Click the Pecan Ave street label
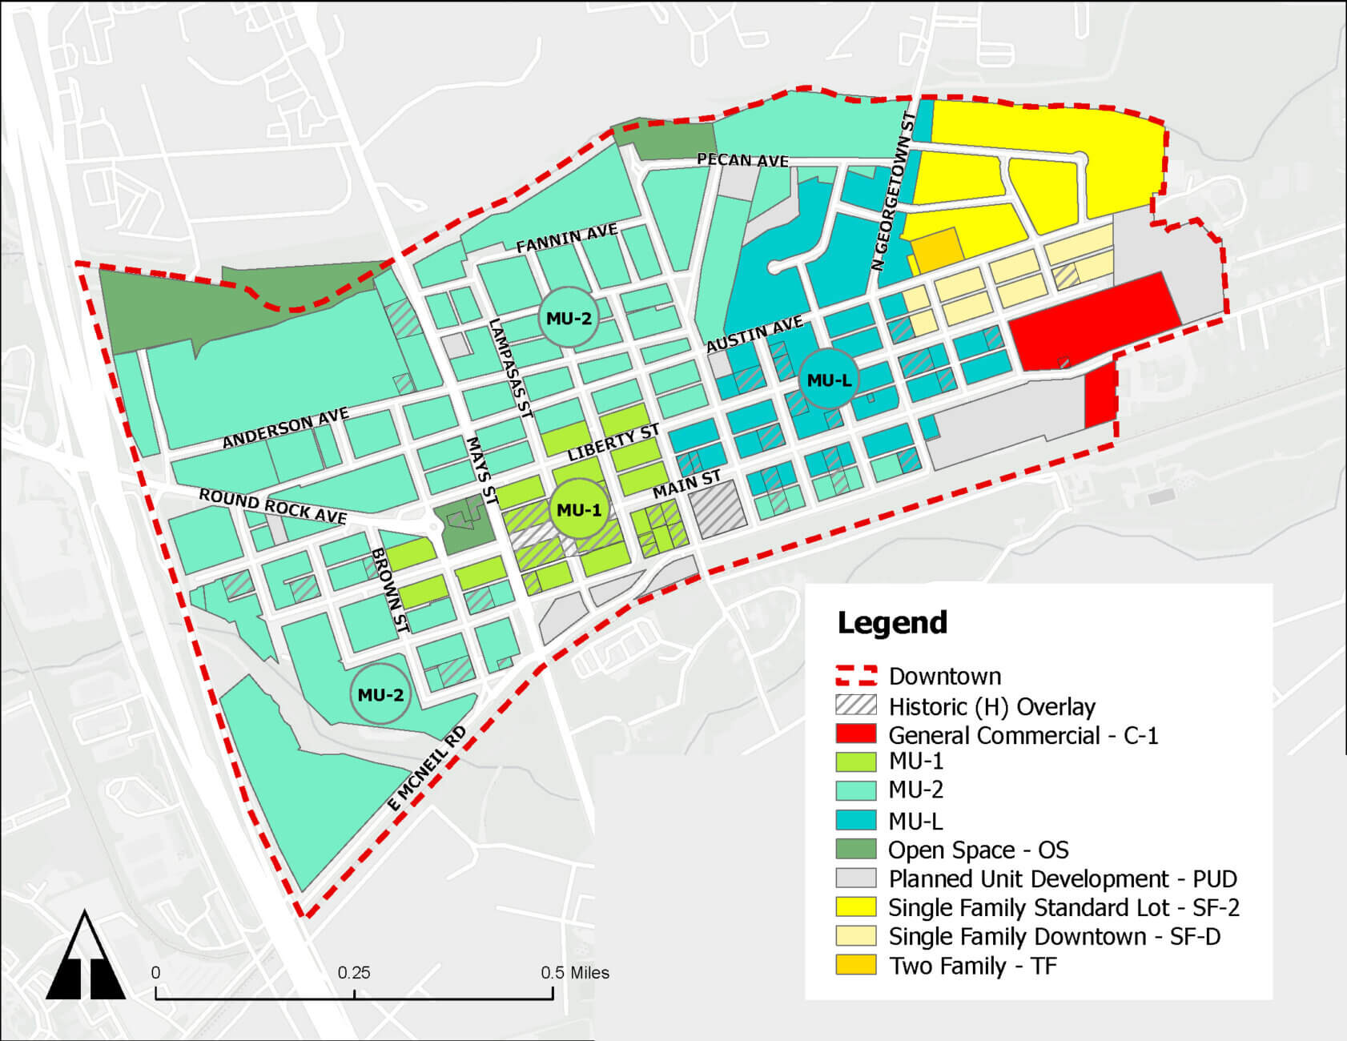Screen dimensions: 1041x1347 pyautogui.click(x=742, y=160)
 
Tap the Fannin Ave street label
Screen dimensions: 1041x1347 pyautogui.click(x=566, y=238)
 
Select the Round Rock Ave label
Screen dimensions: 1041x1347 pyautogui.click(x=272, y=506)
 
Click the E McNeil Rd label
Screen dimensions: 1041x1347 pyautogui.click(x=427, y=770)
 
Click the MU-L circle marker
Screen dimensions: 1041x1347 pyautogui.click(x=829, y=380)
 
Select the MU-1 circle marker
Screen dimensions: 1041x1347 pyautogui.click(x=578, y=510)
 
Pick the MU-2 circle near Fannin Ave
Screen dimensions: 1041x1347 pyautogui.click(x=569, y=318)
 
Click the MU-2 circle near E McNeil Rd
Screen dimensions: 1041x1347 pyautogui.click(x=380, y=694)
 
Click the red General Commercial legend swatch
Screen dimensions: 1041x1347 pyautogui.click(x=856, y=734)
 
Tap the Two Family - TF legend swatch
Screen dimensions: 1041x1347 pyautogui.click(x=856, y=965)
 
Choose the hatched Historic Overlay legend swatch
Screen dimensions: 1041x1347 pyautogui.click(x=856, y=705)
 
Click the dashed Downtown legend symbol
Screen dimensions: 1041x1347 pyautogui.click(x=856, y=676)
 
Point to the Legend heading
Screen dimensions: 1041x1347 pyautogui.click(x=892, y=623)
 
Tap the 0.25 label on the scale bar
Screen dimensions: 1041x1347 pyautogui.click(x=353, y=972)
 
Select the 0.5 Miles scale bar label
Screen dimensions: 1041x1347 pyautogui.click(x=574, y=972)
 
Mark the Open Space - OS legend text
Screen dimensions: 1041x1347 pyautogui.click(x=978, y=850)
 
